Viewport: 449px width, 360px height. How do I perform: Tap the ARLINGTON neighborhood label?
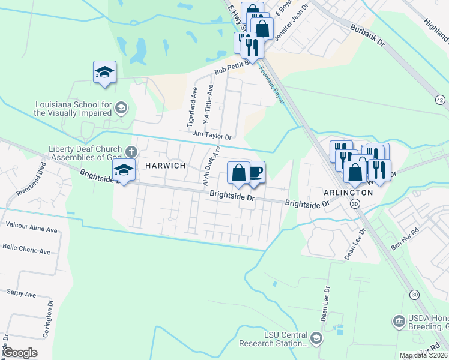[x=349, y=193]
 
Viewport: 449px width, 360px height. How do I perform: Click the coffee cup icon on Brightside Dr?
[x=256, y=173]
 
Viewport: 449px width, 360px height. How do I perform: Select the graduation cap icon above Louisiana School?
[x=105, y=72]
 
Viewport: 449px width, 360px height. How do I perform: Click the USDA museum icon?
[x=399, y=322]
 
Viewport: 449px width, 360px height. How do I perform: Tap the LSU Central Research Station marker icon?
[x=317, y=339]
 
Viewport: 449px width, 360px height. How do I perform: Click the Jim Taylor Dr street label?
[x=211, y=135]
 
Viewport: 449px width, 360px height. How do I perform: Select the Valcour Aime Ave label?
[x=31, y=229]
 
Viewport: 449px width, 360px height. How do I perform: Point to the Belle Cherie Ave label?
[x=26, y=251]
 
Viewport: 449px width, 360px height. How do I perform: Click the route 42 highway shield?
[x=441, y=100]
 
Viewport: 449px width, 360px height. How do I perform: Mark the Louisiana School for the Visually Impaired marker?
[x=121, y=107]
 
